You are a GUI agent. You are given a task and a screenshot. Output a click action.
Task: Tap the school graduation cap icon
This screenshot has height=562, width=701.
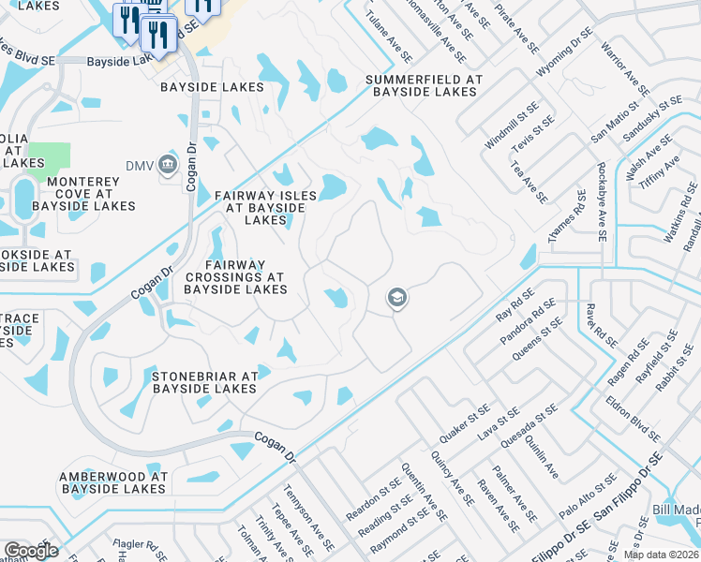pyautogui.click(x=396, y=298)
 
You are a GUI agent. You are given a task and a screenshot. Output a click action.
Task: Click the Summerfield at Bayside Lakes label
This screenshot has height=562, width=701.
pyautogui.click(x=424, y=85)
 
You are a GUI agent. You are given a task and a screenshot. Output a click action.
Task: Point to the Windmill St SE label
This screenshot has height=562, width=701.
pyautogui.click(x=506, y=131)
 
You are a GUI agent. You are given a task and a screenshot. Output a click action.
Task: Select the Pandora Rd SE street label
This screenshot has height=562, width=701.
pyautogui.click(x=528, y=321)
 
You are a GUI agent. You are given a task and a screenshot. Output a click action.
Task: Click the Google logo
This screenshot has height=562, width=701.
pyautogui.click(x=31, y=551)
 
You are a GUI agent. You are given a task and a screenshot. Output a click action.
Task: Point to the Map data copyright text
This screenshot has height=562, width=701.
pyautogui.click(x=662, y=555)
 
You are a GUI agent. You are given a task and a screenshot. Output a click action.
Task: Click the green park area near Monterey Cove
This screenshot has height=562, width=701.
pyautogui.click(x=49, y=156)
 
